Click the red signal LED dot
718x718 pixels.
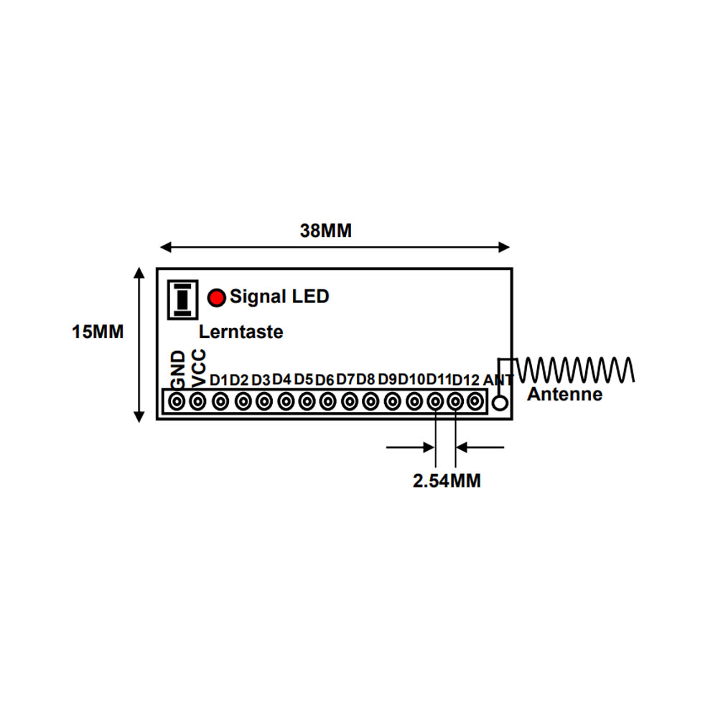pos(217,298)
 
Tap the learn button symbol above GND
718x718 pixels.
pos(182,299)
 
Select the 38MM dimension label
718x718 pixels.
pos(325,230)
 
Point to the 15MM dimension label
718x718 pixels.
pos(98,332)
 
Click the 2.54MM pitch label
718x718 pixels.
pos(447,481)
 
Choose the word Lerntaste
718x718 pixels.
pos(241,332)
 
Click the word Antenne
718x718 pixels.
pos(564,394)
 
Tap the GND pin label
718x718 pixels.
pos(178,369)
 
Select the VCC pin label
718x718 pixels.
pos(199,368)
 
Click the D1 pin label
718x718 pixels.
pos(218,380)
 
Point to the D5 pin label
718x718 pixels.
pos(303,380)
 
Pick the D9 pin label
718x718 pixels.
pos(388,380)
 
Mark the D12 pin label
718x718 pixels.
pos(465,380)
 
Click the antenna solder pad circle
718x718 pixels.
pos(500,403)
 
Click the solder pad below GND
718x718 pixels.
pos(177,401)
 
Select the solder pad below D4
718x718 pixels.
pos(286,401)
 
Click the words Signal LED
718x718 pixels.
pos(279,297)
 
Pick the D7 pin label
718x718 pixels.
pos(345,380)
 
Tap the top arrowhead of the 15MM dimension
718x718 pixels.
pos(139,272)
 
